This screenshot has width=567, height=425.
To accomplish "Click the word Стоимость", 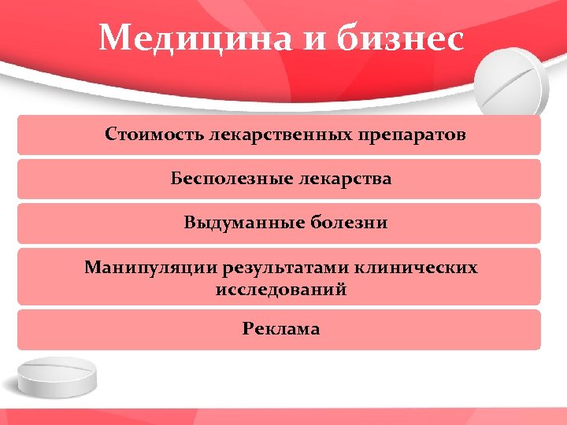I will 155,135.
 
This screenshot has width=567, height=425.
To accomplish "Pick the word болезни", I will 352,223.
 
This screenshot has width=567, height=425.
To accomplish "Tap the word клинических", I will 416,268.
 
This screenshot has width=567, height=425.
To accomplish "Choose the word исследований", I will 281,290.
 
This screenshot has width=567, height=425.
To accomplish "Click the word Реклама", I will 281,328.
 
